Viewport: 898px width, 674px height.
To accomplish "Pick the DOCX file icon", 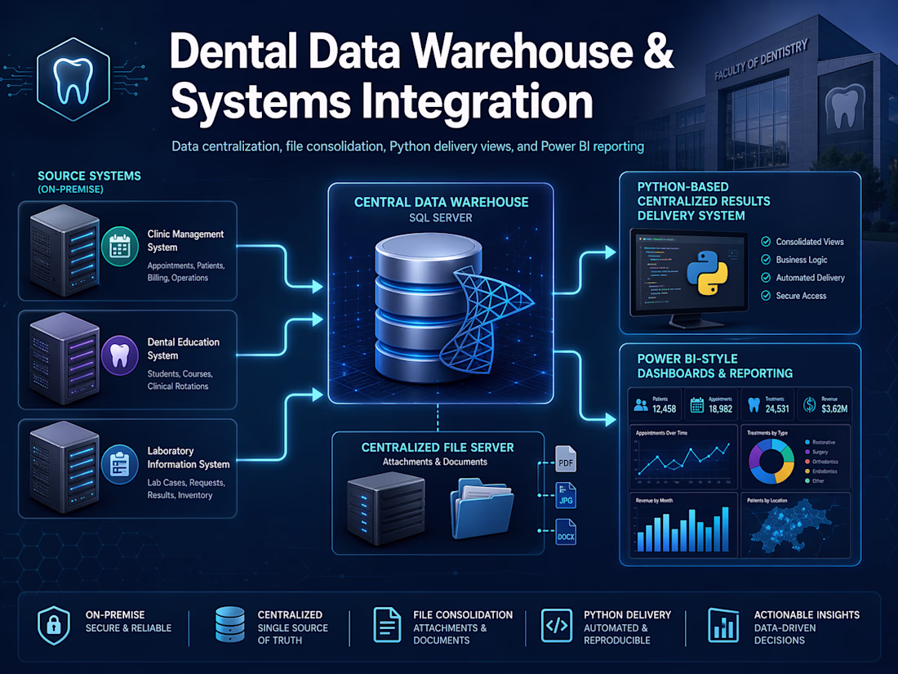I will point(566,532).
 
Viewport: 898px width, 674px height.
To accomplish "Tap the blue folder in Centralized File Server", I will point(482,508).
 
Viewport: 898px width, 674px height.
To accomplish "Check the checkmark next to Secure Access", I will point(766,296).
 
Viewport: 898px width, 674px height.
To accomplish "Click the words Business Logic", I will point(802,260).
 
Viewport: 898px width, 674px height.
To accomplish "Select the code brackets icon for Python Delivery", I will point(557,627).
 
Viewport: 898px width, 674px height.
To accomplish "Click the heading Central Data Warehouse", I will point(441,202).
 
